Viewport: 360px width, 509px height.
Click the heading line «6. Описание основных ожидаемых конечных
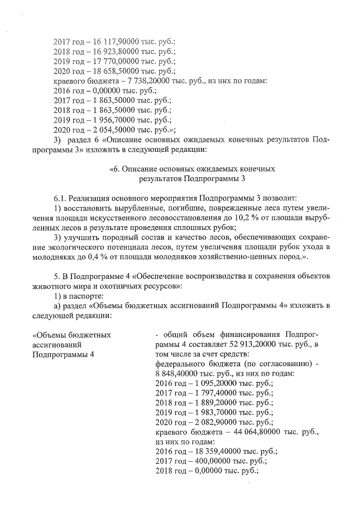[x=191, y=169]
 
